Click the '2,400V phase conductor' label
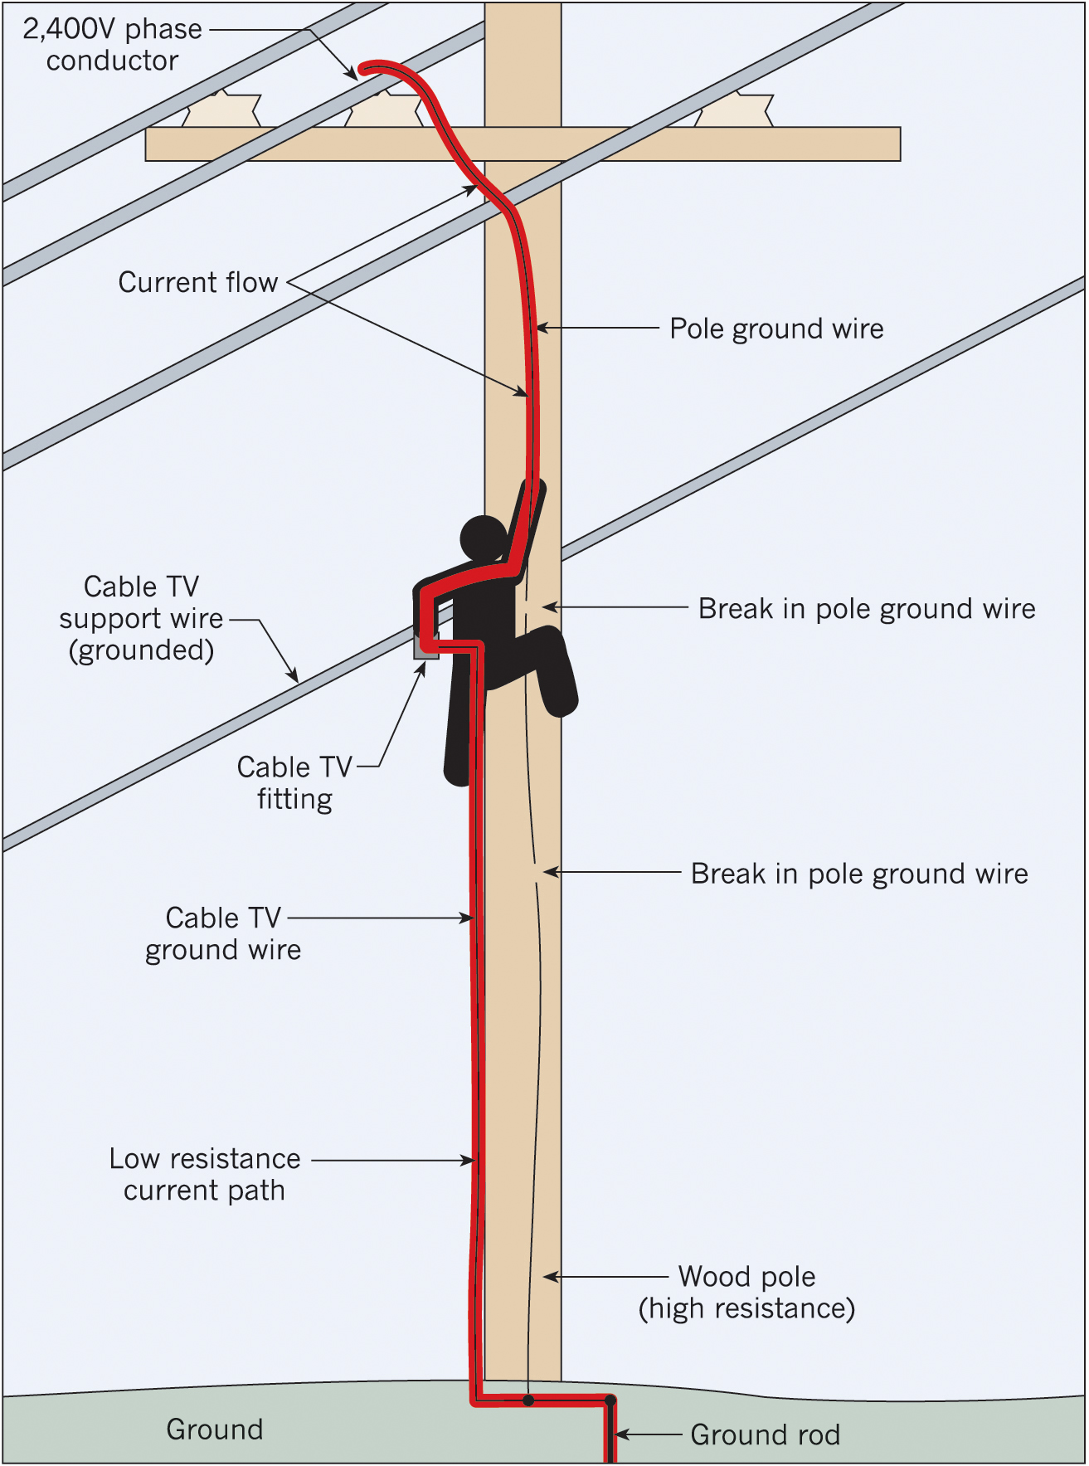pyautogui.click(x=112, y=45)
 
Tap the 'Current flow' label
pyautogui.click(x=197, y=282)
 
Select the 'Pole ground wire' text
pyautogui.click(x=776, y=329)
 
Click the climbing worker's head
pyautogui.click(x=483, y=538)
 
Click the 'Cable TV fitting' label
pyautogui.click(x=294, y=782)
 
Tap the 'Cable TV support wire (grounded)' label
pyautogui.click(x=141, y=619)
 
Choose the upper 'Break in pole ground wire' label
pyautogui.click(x=867, y=608)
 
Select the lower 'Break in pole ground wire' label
pyautogui.click(x=859, y=873)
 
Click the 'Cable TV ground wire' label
pyautogui.click(x=223, y=933)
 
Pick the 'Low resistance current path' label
pyautogui.click(x=205, y=1174)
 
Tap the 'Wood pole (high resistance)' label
pyautogui.click(x=746, y=1292)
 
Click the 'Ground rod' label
pyautogui.click(x=765, y=1434)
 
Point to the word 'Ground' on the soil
pyautogui.click(x=215, y=1429)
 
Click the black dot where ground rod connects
pyautogui.click(x=610, y=1400)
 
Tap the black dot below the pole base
pyautogui.click(x=528, y=1400)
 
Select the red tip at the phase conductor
pyautogui.click(x=365, y=69)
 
